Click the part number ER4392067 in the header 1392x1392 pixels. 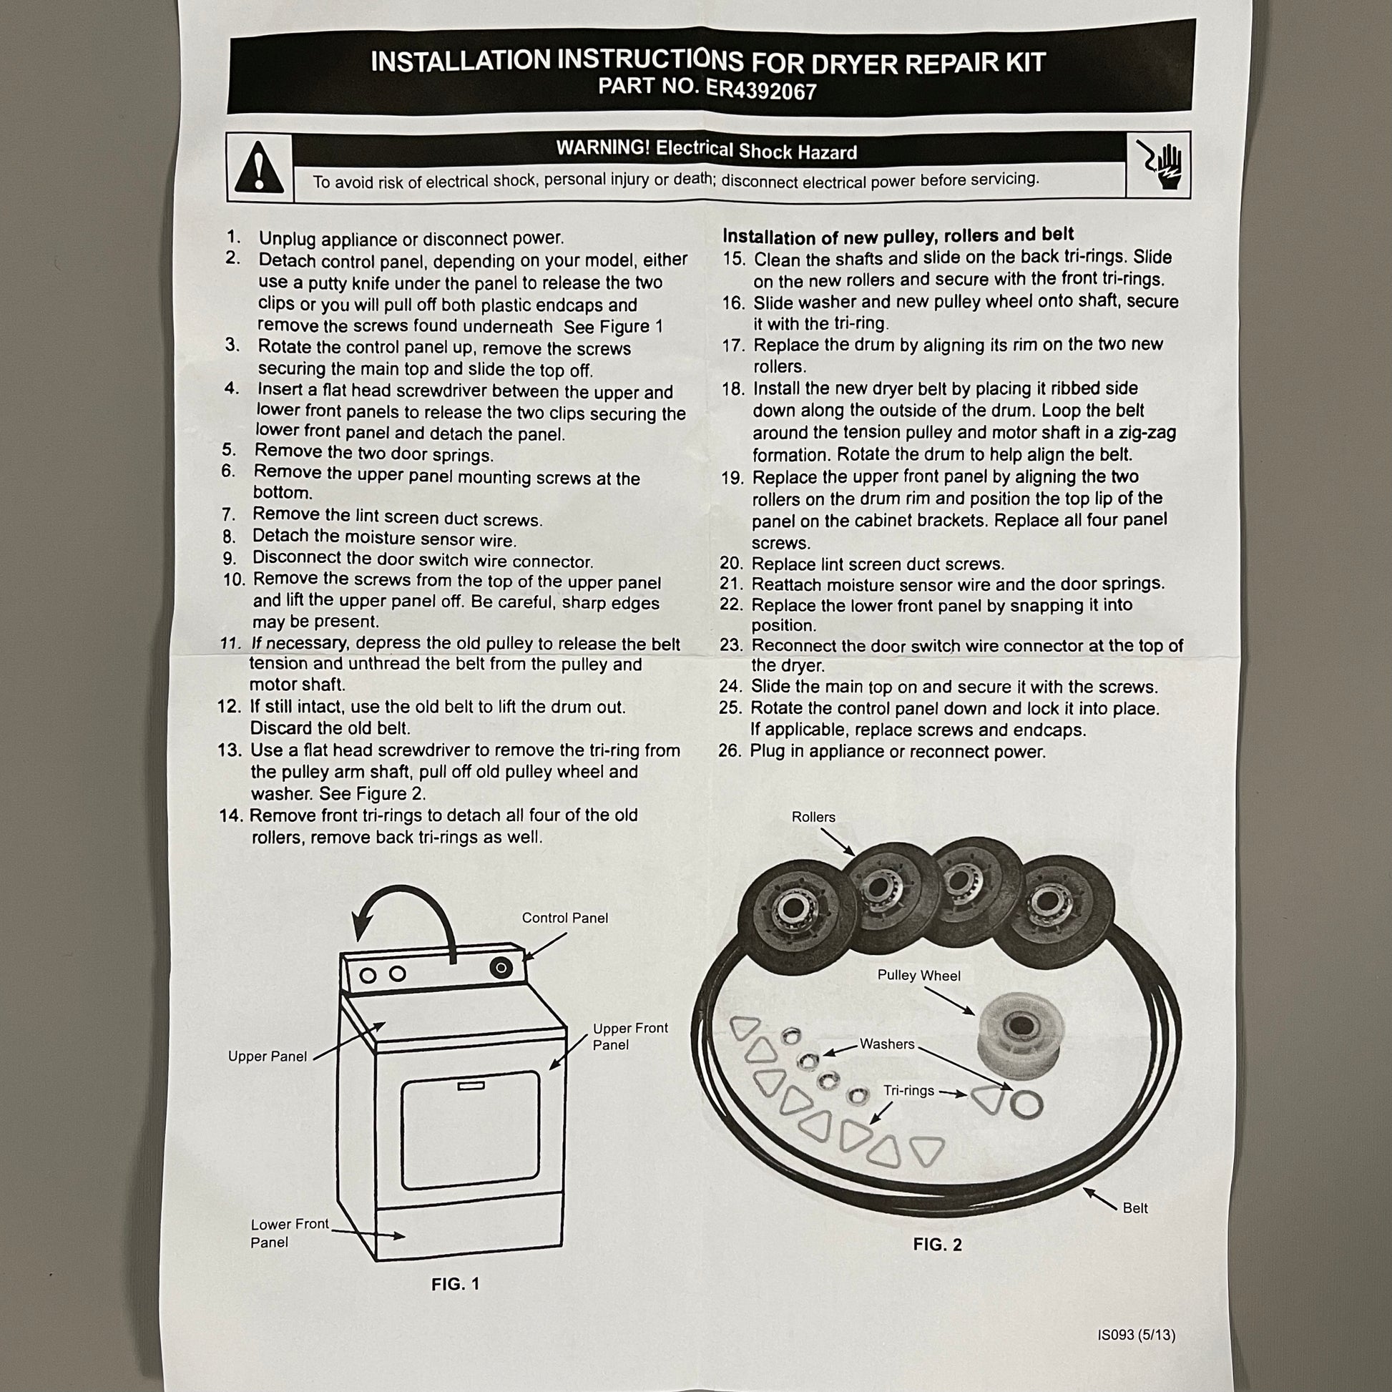(761, 89)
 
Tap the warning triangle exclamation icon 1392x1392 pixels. (260, 167)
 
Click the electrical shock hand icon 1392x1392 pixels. (1160, 165)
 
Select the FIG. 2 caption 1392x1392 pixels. (937, 1245)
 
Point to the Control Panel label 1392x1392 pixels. (565, 918)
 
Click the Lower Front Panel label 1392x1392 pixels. (290, 1232)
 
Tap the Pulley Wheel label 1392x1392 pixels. (918, 976)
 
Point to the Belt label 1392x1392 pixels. (1135, 1207)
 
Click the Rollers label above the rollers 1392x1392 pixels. (813, 817)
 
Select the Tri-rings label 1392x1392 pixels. (908, 1091)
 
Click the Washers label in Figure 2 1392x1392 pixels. (887, 1044)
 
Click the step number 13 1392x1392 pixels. (229, 750)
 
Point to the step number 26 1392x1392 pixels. (730, 751)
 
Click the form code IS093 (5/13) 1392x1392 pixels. (1136, 1335)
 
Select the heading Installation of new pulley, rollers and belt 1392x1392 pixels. (898, 235)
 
